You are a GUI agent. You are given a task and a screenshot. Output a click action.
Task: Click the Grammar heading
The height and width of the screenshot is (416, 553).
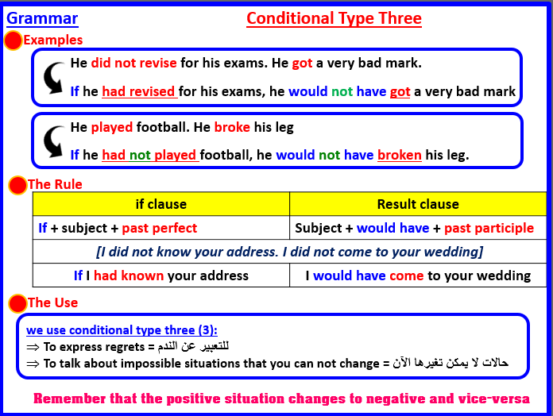[42, 17]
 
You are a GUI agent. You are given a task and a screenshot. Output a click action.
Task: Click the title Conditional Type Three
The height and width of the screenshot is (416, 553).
[334, 18]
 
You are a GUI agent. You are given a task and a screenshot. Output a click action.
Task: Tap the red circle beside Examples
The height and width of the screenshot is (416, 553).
[13, 41]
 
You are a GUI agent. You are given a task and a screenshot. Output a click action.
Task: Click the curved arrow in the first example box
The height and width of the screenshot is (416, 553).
[52, 77]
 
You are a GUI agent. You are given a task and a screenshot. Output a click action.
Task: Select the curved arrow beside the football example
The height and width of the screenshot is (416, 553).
[52, 141]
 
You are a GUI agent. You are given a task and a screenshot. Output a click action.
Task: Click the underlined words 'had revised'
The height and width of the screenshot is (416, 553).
[139, 91]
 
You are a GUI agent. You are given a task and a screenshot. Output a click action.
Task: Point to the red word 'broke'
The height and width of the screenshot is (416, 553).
[232, 127]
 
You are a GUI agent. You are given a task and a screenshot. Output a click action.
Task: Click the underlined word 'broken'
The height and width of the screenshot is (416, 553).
[399, 155]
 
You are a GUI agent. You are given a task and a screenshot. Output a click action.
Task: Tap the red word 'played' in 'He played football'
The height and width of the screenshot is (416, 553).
[112, 127]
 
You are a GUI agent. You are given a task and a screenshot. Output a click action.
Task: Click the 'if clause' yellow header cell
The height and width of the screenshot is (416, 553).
[161, 204]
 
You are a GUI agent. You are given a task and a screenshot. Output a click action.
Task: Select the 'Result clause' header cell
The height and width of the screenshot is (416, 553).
[418, 204]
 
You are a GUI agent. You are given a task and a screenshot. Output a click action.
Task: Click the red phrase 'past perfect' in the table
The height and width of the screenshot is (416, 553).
[160, 228]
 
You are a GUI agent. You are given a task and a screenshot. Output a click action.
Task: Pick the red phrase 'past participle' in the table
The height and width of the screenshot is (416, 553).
[489, 228]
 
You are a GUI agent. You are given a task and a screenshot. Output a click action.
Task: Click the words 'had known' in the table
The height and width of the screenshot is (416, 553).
[129, 275]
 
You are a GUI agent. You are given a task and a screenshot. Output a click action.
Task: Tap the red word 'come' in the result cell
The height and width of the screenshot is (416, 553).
[406, 275]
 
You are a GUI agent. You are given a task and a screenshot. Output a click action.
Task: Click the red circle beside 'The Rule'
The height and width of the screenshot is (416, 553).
[17, 186]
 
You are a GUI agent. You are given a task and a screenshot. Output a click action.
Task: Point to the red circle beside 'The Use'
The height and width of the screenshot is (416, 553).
[17, 304]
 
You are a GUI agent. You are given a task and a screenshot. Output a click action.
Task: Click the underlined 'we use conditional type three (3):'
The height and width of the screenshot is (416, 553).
[122, 330]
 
